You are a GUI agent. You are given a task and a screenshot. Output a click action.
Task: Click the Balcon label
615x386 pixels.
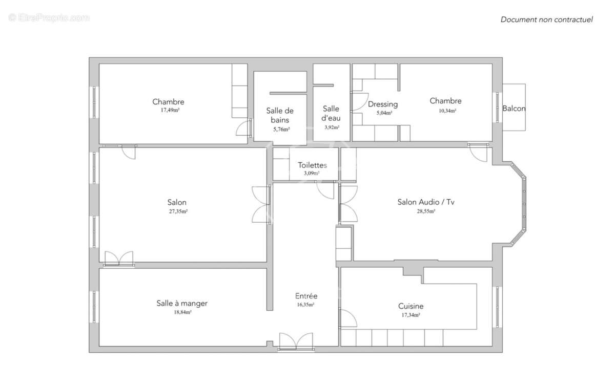click(514, 109)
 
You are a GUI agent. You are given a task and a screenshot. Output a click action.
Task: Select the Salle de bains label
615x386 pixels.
click(280, 115)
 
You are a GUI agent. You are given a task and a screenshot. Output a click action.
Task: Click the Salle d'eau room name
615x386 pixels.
click(331, 113)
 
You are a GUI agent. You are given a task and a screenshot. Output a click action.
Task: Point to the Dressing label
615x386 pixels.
click(383, 104)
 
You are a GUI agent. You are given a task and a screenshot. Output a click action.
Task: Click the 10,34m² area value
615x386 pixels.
click(445, 110)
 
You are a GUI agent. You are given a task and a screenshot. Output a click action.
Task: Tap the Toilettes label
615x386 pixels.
click(312, 165)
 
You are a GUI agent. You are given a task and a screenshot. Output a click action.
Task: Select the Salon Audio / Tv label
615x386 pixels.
click(426, 202)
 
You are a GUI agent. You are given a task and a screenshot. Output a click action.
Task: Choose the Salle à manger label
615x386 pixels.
click(182, 303)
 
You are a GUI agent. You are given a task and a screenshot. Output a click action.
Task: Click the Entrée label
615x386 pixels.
click(306, 296)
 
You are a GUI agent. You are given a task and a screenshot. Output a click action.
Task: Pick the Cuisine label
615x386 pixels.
click(411, 306)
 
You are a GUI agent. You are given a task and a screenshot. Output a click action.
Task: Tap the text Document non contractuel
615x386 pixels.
click(546, 19)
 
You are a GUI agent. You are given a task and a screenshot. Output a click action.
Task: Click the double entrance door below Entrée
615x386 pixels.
click(296, 342)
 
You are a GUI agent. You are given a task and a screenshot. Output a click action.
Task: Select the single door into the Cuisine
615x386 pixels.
click(348, 319)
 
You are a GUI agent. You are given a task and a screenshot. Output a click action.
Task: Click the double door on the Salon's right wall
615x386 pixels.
click(261, 204)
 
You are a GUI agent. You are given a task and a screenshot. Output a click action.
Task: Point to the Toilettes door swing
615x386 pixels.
click(325, 190)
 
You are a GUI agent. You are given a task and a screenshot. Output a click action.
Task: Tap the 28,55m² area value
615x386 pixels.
click(426, 211)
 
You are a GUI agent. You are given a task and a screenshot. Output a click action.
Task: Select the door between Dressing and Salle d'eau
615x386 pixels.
click(359, 102)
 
